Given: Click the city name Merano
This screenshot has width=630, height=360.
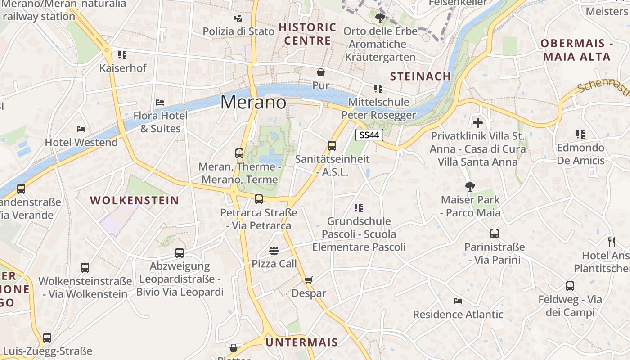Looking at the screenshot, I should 253,103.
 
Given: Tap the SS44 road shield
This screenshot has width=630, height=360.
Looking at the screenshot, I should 369,135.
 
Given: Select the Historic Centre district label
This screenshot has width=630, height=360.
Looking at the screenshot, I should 307,34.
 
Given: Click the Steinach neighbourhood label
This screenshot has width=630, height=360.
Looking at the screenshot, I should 420,76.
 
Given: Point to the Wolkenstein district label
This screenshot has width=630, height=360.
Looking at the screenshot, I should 135,201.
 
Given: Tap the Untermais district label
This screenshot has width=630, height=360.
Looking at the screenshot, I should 301,342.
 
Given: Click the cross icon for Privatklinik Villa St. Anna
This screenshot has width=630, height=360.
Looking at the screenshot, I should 478,122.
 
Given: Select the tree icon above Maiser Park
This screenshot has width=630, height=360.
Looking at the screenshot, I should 470,186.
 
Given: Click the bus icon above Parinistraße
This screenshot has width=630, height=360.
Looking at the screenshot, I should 495,234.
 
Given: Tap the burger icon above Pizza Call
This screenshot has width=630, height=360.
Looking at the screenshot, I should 274,250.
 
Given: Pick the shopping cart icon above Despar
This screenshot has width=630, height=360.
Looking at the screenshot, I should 308,280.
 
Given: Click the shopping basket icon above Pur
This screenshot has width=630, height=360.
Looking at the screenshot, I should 321,72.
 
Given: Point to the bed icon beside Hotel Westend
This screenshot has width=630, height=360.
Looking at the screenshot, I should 81,129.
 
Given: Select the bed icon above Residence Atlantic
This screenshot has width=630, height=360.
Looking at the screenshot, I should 458,301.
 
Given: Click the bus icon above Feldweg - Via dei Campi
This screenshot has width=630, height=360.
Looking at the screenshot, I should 570,286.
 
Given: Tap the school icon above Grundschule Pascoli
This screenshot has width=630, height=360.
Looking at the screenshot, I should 359,208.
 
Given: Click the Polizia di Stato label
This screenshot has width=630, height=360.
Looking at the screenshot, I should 238,31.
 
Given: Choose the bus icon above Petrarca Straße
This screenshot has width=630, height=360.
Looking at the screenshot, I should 259,199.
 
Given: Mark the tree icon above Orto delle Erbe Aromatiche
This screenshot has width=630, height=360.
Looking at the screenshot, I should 380,18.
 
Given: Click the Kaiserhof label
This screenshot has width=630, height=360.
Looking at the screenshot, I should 123,68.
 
